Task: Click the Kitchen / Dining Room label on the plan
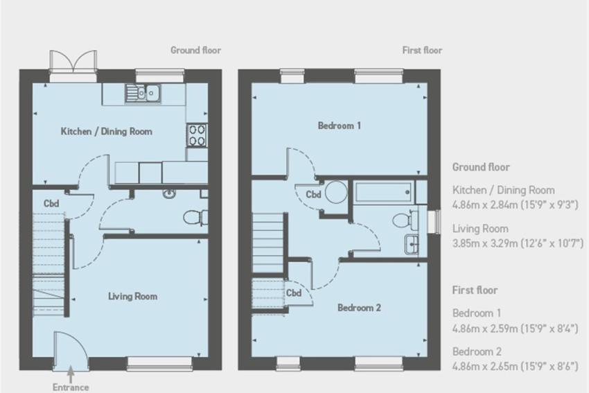click(106, 132)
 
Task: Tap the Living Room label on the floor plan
click(132, 297)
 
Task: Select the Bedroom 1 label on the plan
click(340, 125)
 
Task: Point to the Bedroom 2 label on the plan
click(359, 308)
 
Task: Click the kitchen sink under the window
click(143, 93)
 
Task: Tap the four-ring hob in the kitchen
click(197, 135)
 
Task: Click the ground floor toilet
click(195, 218)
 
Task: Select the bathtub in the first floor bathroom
click(384, 193)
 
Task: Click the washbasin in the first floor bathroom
click(412, 245)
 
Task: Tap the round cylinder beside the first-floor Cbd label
click(336, 193)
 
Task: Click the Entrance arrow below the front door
click(71, 375)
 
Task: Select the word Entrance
click(71, 387)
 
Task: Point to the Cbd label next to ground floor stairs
click(51, 204)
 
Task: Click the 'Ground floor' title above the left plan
click(195, 50)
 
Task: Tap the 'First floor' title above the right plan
click(422, 50)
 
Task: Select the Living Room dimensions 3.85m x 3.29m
click(518, 243)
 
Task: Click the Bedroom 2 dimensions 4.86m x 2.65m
click(515, 366)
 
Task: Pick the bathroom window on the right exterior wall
click(437, 222)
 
